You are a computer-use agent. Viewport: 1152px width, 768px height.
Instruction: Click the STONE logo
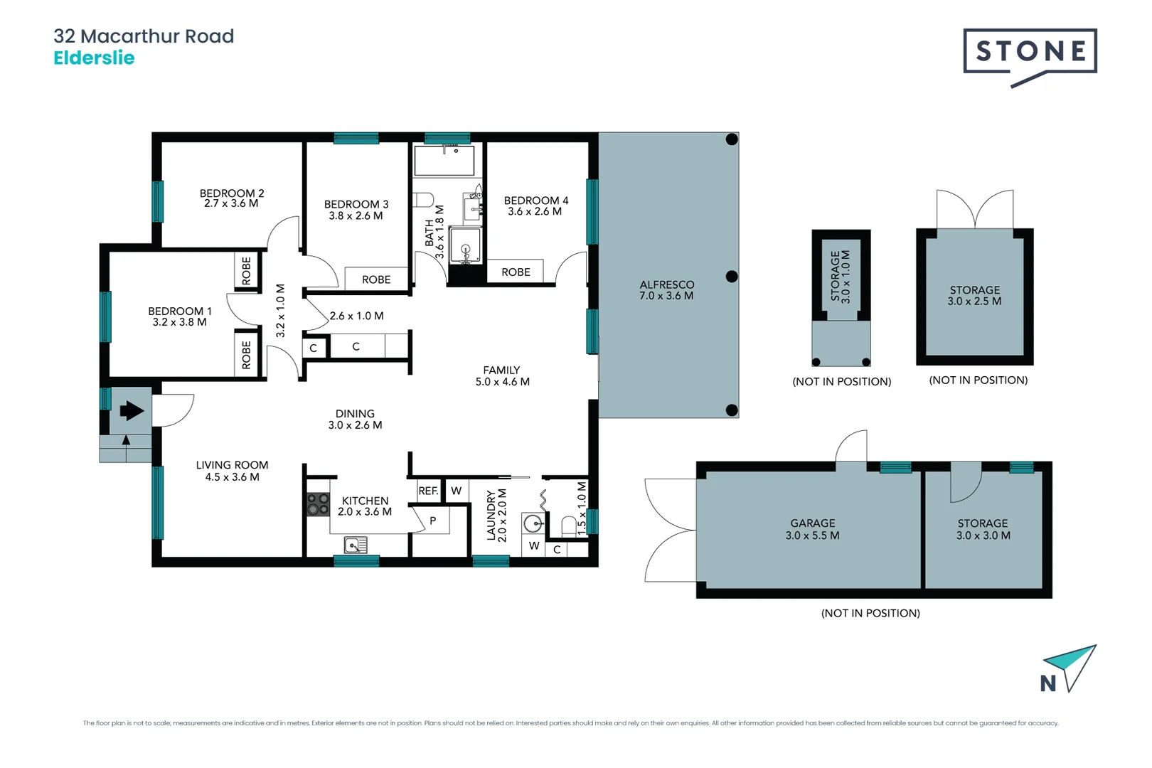tap(1030, 52)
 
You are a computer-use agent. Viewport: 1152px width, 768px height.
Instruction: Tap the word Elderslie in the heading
tap(94, 58)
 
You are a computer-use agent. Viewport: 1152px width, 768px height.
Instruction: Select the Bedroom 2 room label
tap(232, 193)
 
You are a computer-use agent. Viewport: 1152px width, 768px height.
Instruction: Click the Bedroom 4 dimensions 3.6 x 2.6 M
tap(535, 211)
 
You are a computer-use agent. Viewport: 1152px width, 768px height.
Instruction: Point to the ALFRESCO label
tap(666, 284)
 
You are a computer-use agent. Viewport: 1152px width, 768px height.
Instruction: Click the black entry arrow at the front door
tap(132, 410)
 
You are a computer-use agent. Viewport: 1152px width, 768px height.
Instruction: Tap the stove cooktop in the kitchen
tap(318, 504)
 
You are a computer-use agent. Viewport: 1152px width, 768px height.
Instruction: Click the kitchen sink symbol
tap(356, 545)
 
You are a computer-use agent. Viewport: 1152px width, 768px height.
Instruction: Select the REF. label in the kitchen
tap(428, 491)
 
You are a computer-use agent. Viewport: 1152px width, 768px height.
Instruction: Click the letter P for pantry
tap(432, 521)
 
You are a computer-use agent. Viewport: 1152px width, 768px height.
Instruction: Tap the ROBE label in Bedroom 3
tap(376, 279)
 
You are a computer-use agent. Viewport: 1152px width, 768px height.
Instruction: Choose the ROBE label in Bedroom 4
tap(516, 272)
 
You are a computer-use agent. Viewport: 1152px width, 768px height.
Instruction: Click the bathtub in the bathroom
tap(444, 161)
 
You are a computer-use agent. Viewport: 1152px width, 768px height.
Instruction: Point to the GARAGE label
tap(813, 523)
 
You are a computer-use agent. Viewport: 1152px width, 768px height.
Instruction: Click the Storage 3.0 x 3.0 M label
tap(983, 529)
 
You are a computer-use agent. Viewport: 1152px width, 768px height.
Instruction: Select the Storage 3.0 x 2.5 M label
tap(974, 295)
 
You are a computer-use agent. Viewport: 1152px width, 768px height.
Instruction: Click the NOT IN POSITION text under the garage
tap(870, 613)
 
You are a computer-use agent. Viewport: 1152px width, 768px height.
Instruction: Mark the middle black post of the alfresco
tap(732, 276)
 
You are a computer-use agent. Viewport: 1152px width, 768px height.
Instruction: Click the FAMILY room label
tap(501, 370)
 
